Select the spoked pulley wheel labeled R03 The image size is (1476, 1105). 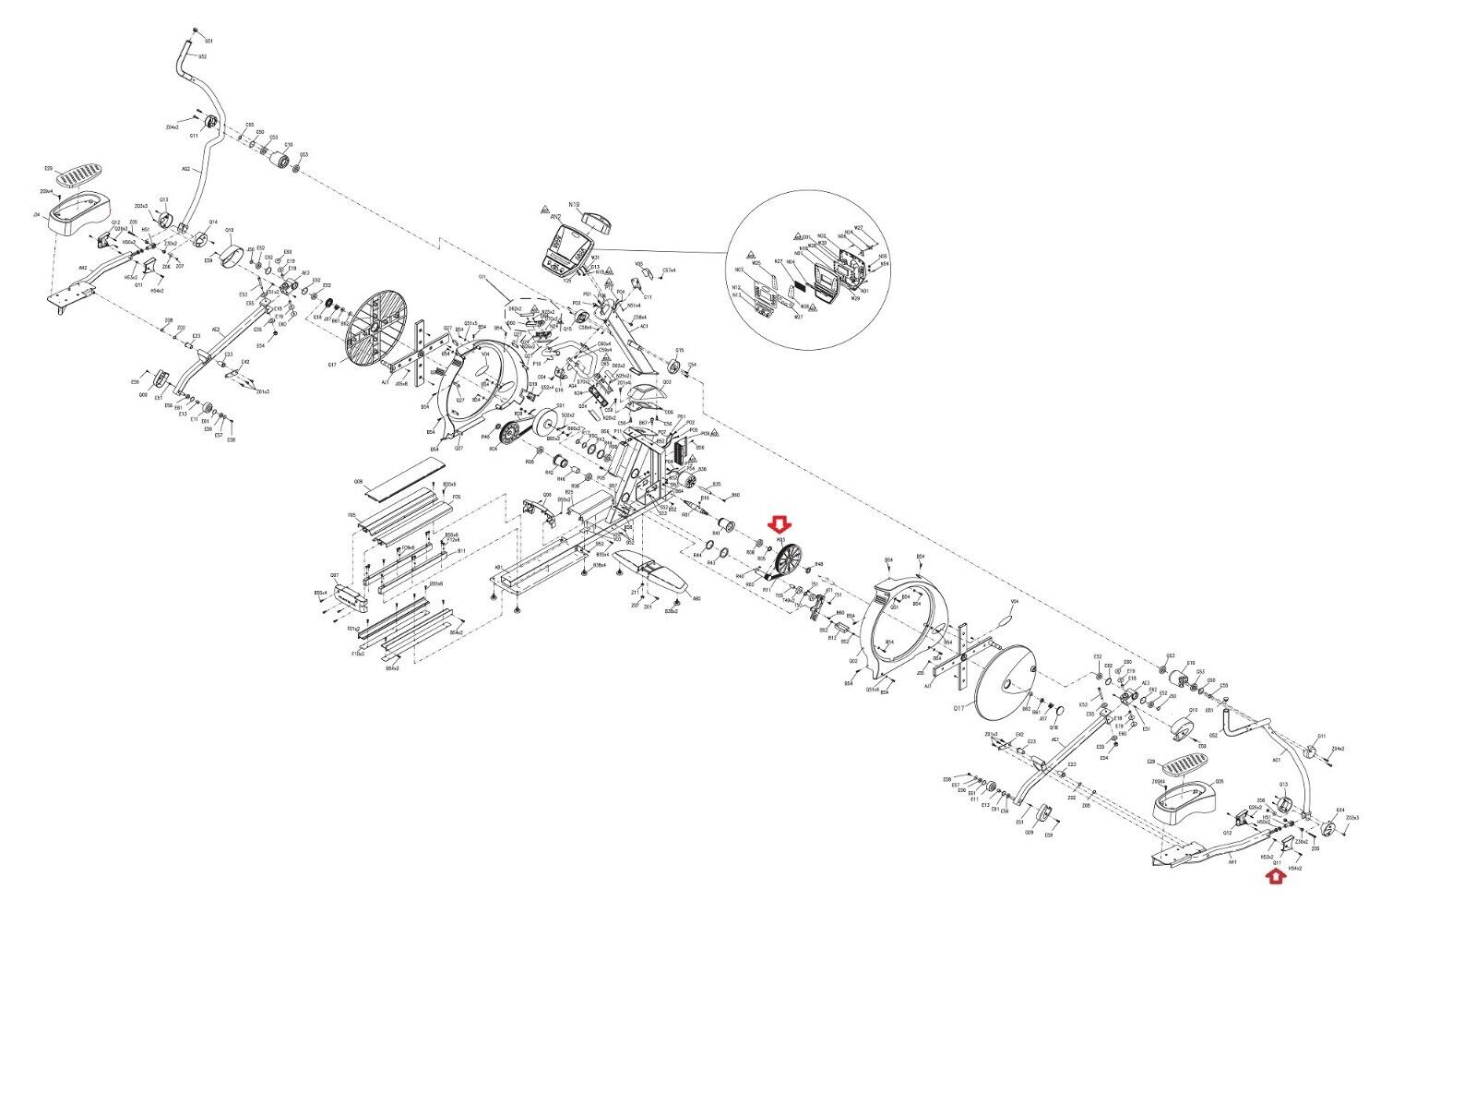(789, 559)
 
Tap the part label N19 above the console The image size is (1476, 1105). (573, 205)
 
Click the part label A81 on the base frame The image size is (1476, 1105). (499, 567)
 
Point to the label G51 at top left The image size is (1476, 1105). (208, 42)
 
